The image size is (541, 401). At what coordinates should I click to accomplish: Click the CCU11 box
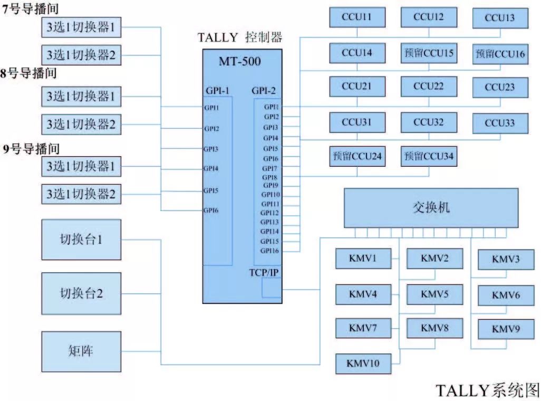[357, 17]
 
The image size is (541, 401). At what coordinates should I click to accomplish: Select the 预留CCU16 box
[500, 54]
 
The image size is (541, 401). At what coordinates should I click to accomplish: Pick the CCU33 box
[500, 123]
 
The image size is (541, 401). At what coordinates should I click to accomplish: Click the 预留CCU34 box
[428, 157]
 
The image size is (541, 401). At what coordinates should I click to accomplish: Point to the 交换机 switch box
[431, 208]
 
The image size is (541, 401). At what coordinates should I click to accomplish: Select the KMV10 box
[364, 364]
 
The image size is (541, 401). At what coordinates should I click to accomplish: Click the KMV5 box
[434, 294]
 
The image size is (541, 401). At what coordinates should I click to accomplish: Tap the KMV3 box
[506, 259]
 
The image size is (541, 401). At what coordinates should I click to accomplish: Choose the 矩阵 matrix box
[81, 351]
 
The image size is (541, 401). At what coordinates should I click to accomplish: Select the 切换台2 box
[81, 293]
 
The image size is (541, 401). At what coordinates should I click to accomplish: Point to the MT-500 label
[240, 61]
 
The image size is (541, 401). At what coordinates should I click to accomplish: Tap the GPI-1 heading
[218, 90]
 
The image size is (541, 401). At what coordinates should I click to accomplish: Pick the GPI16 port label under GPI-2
[269, 251]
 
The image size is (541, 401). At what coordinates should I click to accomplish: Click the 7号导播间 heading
[31, 9]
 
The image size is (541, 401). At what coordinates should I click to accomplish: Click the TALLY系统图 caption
[488, 390]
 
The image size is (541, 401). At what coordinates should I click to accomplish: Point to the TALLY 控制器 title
[240, 37]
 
